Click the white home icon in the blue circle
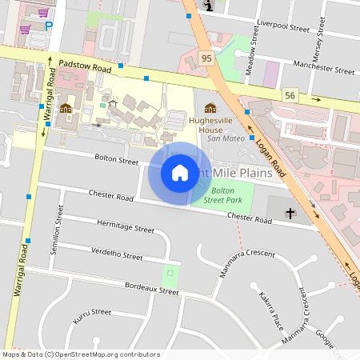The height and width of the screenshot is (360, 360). click(x=180, y=173)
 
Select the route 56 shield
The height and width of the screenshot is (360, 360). click(x=289, y=94)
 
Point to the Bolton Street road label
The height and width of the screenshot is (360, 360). click(x=116, y=161)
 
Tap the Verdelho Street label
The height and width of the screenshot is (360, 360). click(x=117, y=254)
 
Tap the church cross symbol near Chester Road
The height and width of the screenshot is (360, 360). click(x=290, y=213)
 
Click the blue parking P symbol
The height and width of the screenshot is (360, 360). click(x=49, y=25)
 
